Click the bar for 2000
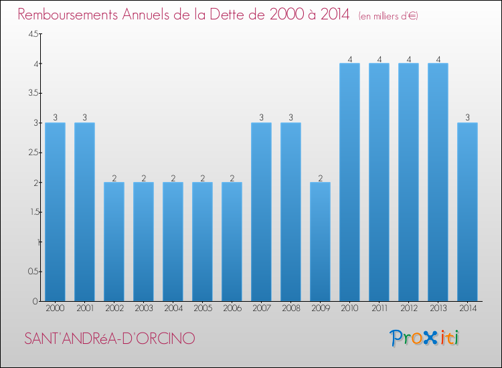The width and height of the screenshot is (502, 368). (x=55, y=211)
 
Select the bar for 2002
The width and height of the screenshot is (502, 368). (x=114, y=242)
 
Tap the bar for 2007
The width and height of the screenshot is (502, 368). (x=261, y=211)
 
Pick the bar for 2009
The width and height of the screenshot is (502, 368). (x=320, y=242)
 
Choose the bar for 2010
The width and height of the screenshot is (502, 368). (x=349, y=182)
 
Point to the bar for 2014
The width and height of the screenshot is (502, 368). (x=467, y=211)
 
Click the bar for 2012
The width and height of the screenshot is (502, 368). (x=408, y=182)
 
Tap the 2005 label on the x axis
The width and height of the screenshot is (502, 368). (x=202, y=308)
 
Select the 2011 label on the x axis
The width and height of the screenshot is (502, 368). (x=379, y=308)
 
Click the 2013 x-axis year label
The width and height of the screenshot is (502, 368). (x=438, y=308)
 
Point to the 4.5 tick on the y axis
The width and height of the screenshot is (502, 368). (x=33, y=34)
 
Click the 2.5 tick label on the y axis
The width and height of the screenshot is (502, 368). (x=33, y=153)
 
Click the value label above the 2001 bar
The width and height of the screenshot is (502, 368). (x=84, y=118)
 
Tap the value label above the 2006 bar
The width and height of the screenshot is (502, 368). (x=232, y=177)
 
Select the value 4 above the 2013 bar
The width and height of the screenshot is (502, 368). (x=438, y=59)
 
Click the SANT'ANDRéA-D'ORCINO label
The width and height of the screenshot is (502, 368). (x=110, y=339)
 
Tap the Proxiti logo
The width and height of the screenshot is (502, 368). (x=424, y=337)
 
